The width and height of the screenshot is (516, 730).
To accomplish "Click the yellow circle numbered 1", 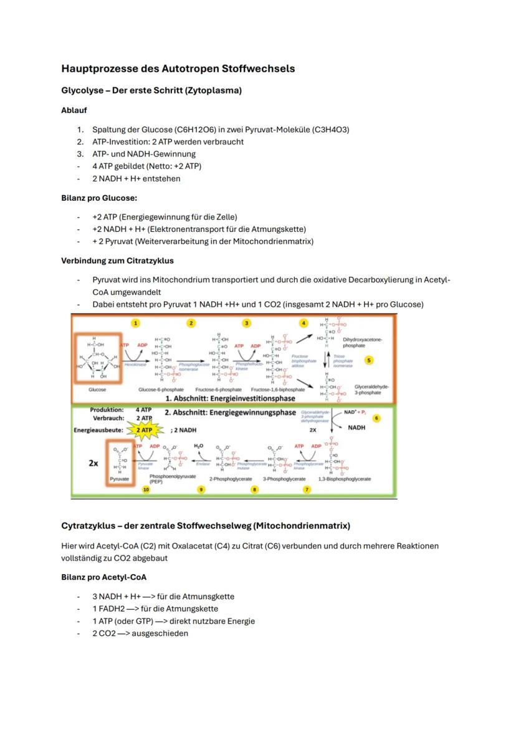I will pos(135,323).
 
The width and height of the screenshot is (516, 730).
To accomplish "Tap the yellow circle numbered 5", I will pos(369,360).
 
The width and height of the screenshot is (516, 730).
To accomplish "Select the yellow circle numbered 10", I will pos(146,490).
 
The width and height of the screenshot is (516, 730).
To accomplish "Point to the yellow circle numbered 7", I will pos(307,490).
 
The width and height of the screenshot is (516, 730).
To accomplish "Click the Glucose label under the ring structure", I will pos(97,389).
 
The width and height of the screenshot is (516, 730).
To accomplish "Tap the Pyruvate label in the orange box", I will pos(119,479).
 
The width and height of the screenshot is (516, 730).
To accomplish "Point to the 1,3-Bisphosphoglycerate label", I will pos(344,479).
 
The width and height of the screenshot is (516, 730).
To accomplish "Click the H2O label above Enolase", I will pos(199,446).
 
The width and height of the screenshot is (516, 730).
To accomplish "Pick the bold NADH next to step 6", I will pos(356,428).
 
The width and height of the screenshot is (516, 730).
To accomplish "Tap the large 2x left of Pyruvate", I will pos(93,464).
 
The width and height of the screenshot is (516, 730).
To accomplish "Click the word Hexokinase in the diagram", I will pos(134,364).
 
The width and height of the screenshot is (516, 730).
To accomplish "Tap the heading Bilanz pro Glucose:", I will pos(98,198).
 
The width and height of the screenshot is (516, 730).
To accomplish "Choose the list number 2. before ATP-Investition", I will pos(80,142).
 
